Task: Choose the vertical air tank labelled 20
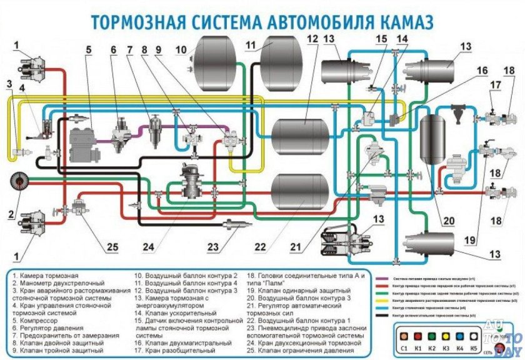(x=433, y=139)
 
